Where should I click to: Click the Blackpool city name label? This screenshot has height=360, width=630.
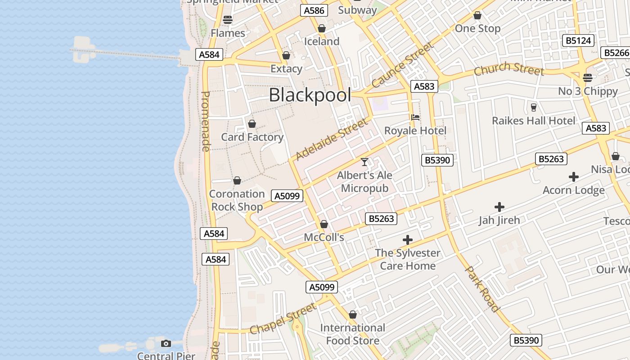click(x=310, y=95)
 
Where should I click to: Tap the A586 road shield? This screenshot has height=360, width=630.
click(x=314, y=11)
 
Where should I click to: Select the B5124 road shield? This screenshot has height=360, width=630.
click(x=578, y=40)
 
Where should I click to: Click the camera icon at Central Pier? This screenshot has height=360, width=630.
click(x=166, y=344)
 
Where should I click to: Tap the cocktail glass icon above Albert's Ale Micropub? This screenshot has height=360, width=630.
click(x=364, y=162)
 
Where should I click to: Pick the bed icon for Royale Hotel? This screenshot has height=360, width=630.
click(x=415, y=117)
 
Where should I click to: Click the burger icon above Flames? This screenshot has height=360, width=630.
click(x=228, y=20)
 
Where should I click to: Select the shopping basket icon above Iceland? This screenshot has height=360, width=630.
click(x=322, y=29)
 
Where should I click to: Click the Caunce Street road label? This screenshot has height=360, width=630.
click(x=403, y=64)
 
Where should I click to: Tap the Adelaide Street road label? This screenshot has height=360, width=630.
click(x=332, y=139)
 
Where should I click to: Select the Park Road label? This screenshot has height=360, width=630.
click(x=482, y=289)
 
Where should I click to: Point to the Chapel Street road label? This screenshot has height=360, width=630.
click(x=283, y=319)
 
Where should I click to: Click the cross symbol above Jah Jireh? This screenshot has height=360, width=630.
click(x=499, y=207)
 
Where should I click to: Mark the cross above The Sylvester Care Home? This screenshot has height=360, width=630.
click(x=408, y=240)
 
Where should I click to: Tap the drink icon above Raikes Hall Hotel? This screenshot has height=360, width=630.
click(x=534, y=107)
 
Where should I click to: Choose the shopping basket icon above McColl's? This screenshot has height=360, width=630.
click(x=324, y=224)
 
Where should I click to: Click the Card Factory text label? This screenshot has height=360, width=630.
click(x=252, y=137)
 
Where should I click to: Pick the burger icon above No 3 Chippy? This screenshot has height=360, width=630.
click(x=588, y=77)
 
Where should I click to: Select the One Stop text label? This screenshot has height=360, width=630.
click(x=477, y=29)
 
